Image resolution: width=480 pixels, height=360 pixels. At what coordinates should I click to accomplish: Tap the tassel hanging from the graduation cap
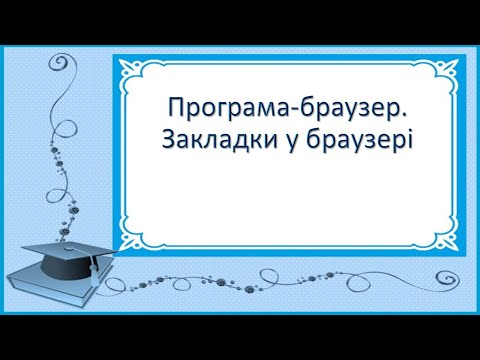point(92,268)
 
